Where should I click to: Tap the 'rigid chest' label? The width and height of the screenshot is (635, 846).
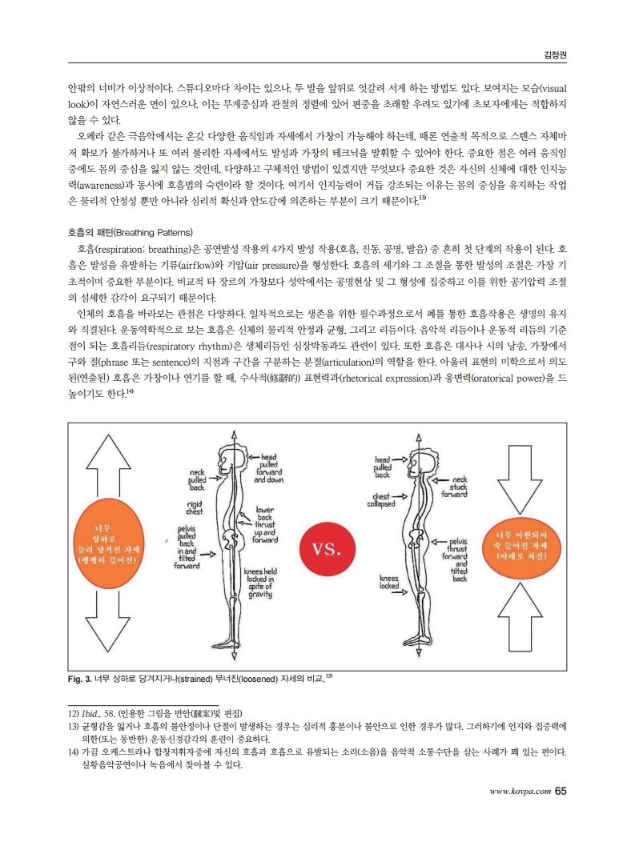[x=195, y=507]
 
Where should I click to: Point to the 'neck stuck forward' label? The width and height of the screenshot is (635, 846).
[x=453, y=486]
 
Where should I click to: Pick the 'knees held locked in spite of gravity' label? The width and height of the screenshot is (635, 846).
[x=260, y=582]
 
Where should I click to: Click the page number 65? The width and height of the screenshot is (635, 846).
[x=560, y=791]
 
